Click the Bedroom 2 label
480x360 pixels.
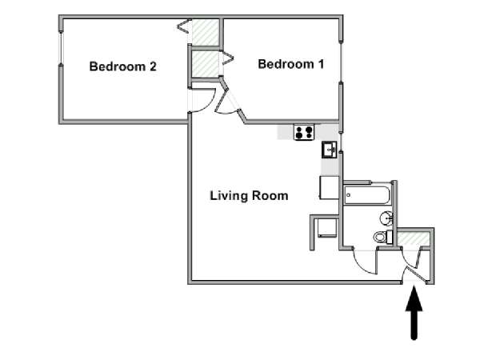[122, 66]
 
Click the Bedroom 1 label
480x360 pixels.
[291, 64]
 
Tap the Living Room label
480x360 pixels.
[249, 196]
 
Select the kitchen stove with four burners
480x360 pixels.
[304, 132]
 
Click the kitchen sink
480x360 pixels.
[330, 150]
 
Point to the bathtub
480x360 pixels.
[367, 195]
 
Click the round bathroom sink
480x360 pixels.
[386, 218]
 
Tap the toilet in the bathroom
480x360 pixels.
[383, 237]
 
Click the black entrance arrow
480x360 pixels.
[414, 312]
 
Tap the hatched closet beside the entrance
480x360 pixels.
[414, 238]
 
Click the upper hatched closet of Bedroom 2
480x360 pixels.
[206, 32]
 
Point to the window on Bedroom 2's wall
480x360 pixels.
[61, 48]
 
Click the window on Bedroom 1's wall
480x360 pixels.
[341, 62]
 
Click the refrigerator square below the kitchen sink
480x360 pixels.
[330, 188]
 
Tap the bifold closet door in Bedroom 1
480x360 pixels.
[228, 58]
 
